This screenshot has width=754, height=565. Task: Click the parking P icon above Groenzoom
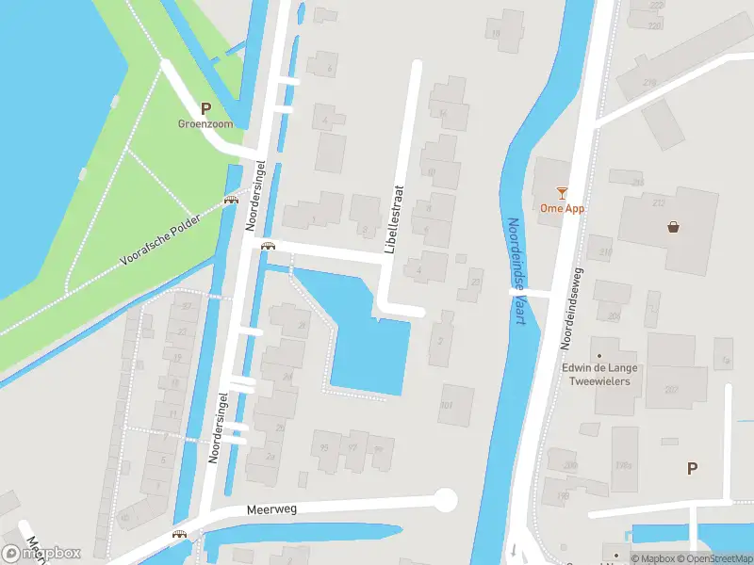(x=205, y=108)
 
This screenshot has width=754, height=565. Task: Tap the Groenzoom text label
(x=205, y=123)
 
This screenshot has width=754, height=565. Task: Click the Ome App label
(x=563, y=208)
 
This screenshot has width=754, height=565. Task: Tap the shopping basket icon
(x=674, y=226)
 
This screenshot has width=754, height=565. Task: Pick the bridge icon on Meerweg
(x=179, y=535)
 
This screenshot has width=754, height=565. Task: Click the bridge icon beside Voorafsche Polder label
(x=231, y=200)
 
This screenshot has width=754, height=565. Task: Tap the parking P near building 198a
(x=693, y=468)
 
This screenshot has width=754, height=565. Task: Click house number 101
(x=448, y=407)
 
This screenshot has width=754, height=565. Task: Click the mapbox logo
(x=42, y=553)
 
